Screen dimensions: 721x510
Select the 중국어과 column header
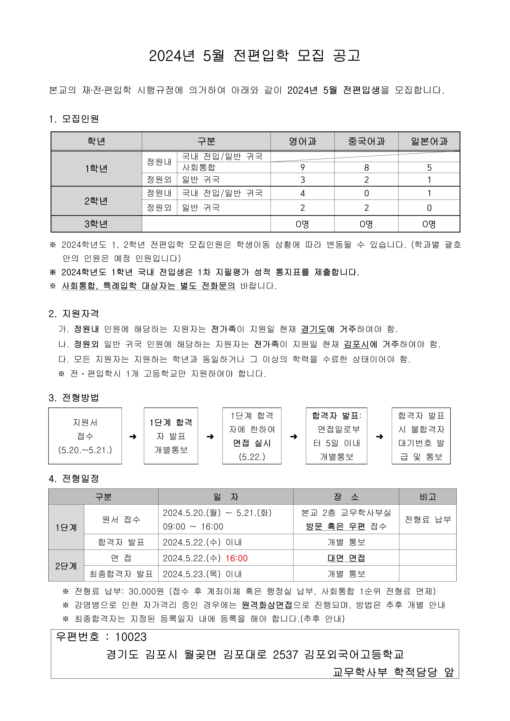click(366, 141)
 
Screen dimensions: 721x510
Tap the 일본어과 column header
click(429, 141)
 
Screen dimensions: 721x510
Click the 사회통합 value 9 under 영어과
click(302, 168)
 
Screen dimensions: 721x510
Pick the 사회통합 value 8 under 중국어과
click(366, 168)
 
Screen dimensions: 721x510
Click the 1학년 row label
click(96, 169)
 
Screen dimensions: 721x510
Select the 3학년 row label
click(96, 224)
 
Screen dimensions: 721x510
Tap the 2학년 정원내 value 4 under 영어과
click(302, 193)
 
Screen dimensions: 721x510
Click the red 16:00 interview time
click(236, 558)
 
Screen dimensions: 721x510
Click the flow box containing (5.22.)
click(252, 436)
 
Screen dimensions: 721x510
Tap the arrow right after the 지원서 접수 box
click(133, 436)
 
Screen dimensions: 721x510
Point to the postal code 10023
click(131, 637)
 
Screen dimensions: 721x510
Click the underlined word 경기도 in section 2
click(313, 329)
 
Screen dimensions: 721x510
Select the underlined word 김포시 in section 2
click(356, 344)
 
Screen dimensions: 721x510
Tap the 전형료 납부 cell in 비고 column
click(428, 519)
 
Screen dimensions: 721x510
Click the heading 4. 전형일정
click(74, 479)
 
